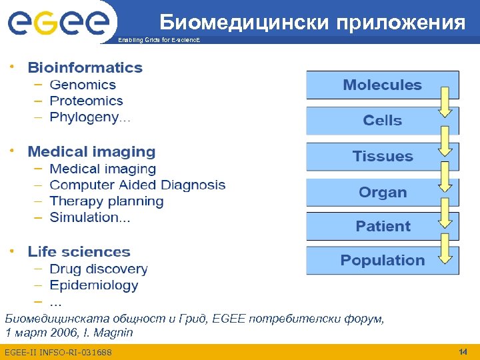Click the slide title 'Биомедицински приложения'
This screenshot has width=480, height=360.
(312, 23)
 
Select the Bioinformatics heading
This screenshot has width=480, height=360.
(85, 67)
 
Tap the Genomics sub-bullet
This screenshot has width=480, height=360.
(83, 85)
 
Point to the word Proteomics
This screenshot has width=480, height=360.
(87, 101)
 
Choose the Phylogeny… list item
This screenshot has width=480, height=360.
(90, 117)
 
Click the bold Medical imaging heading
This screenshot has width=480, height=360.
(91, 152)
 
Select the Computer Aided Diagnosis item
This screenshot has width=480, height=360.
(137, 185)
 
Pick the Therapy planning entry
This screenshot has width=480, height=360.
(107, 201)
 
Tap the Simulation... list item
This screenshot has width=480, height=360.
(90, 217)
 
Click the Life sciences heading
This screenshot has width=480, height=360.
(79, 252)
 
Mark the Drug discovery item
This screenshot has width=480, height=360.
(99, 269)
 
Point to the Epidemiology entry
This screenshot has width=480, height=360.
(94, 285)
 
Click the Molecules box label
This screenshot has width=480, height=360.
(382, 85)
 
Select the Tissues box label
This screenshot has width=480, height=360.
(383, 157)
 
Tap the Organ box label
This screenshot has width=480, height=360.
(383, 193)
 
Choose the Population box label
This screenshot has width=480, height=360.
(383, 261)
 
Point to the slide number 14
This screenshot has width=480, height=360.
(463, 351)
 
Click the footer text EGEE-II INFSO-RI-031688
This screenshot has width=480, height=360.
(58, 352)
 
